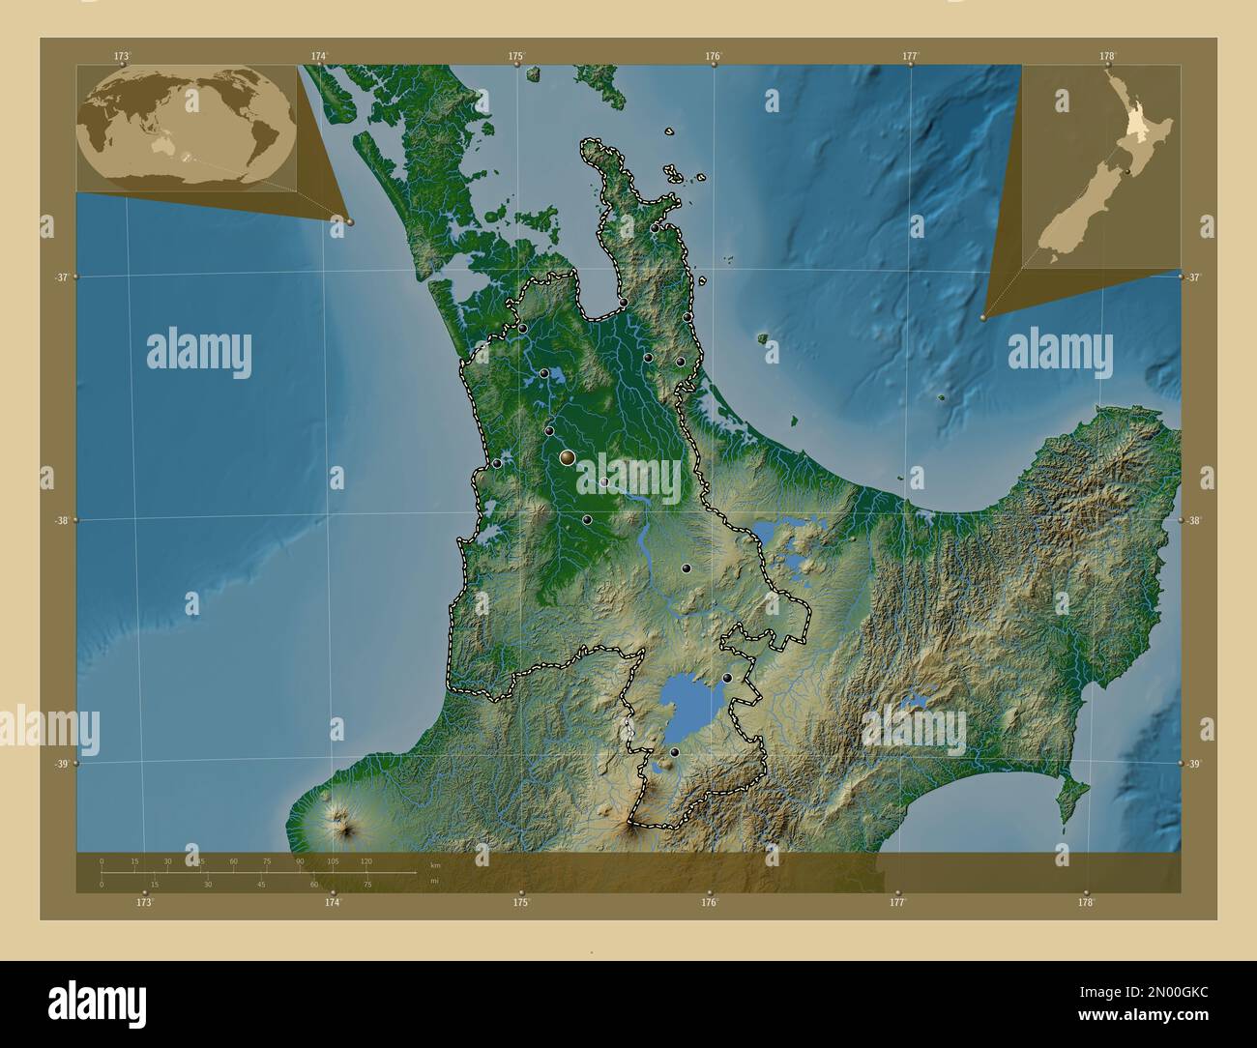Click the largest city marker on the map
click(567, 457)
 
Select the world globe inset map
click(187, 127)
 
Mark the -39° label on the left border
click(60, 764)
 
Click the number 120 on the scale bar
click(366, 860)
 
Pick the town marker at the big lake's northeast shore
click(727, 678)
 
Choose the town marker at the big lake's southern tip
click(674, 752)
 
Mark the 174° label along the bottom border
click(334, 902)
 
